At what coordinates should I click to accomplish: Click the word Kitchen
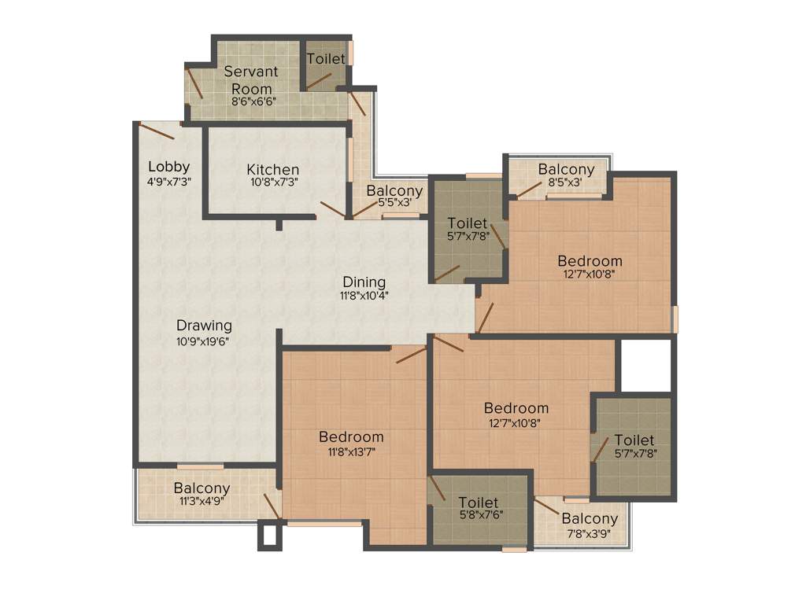click(x=272, y=169)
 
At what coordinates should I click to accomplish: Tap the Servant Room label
click(x=251, y=79)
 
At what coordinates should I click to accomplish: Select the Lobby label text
click(x=169, y=166)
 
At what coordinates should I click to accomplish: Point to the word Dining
click(x=364, y=282)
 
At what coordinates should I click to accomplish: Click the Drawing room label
click(x=204, y=325)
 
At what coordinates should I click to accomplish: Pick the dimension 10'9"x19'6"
click(x=204, y=341)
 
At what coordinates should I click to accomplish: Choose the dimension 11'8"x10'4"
click(x=364, y=296)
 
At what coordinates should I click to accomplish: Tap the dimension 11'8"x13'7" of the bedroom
click(x=351, y=451)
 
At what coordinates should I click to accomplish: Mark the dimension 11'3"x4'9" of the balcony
click(x=201, y=503)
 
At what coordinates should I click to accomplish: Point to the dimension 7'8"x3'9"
click(x=589, y=532)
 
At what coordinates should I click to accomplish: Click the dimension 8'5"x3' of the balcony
click(x=566, y=183)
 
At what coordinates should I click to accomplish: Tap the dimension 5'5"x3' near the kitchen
click(x=394, y=203)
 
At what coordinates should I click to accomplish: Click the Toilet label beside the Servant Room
click(x=326, y=59)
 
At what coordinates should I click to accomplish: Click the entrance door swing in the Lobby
click(x=157, y=131)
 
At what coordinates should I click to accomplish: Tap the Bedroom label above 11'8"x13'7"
click(x=351, y=436)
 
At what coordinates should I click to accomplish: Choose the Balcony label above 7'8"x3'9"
click(x=589, y=518)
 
